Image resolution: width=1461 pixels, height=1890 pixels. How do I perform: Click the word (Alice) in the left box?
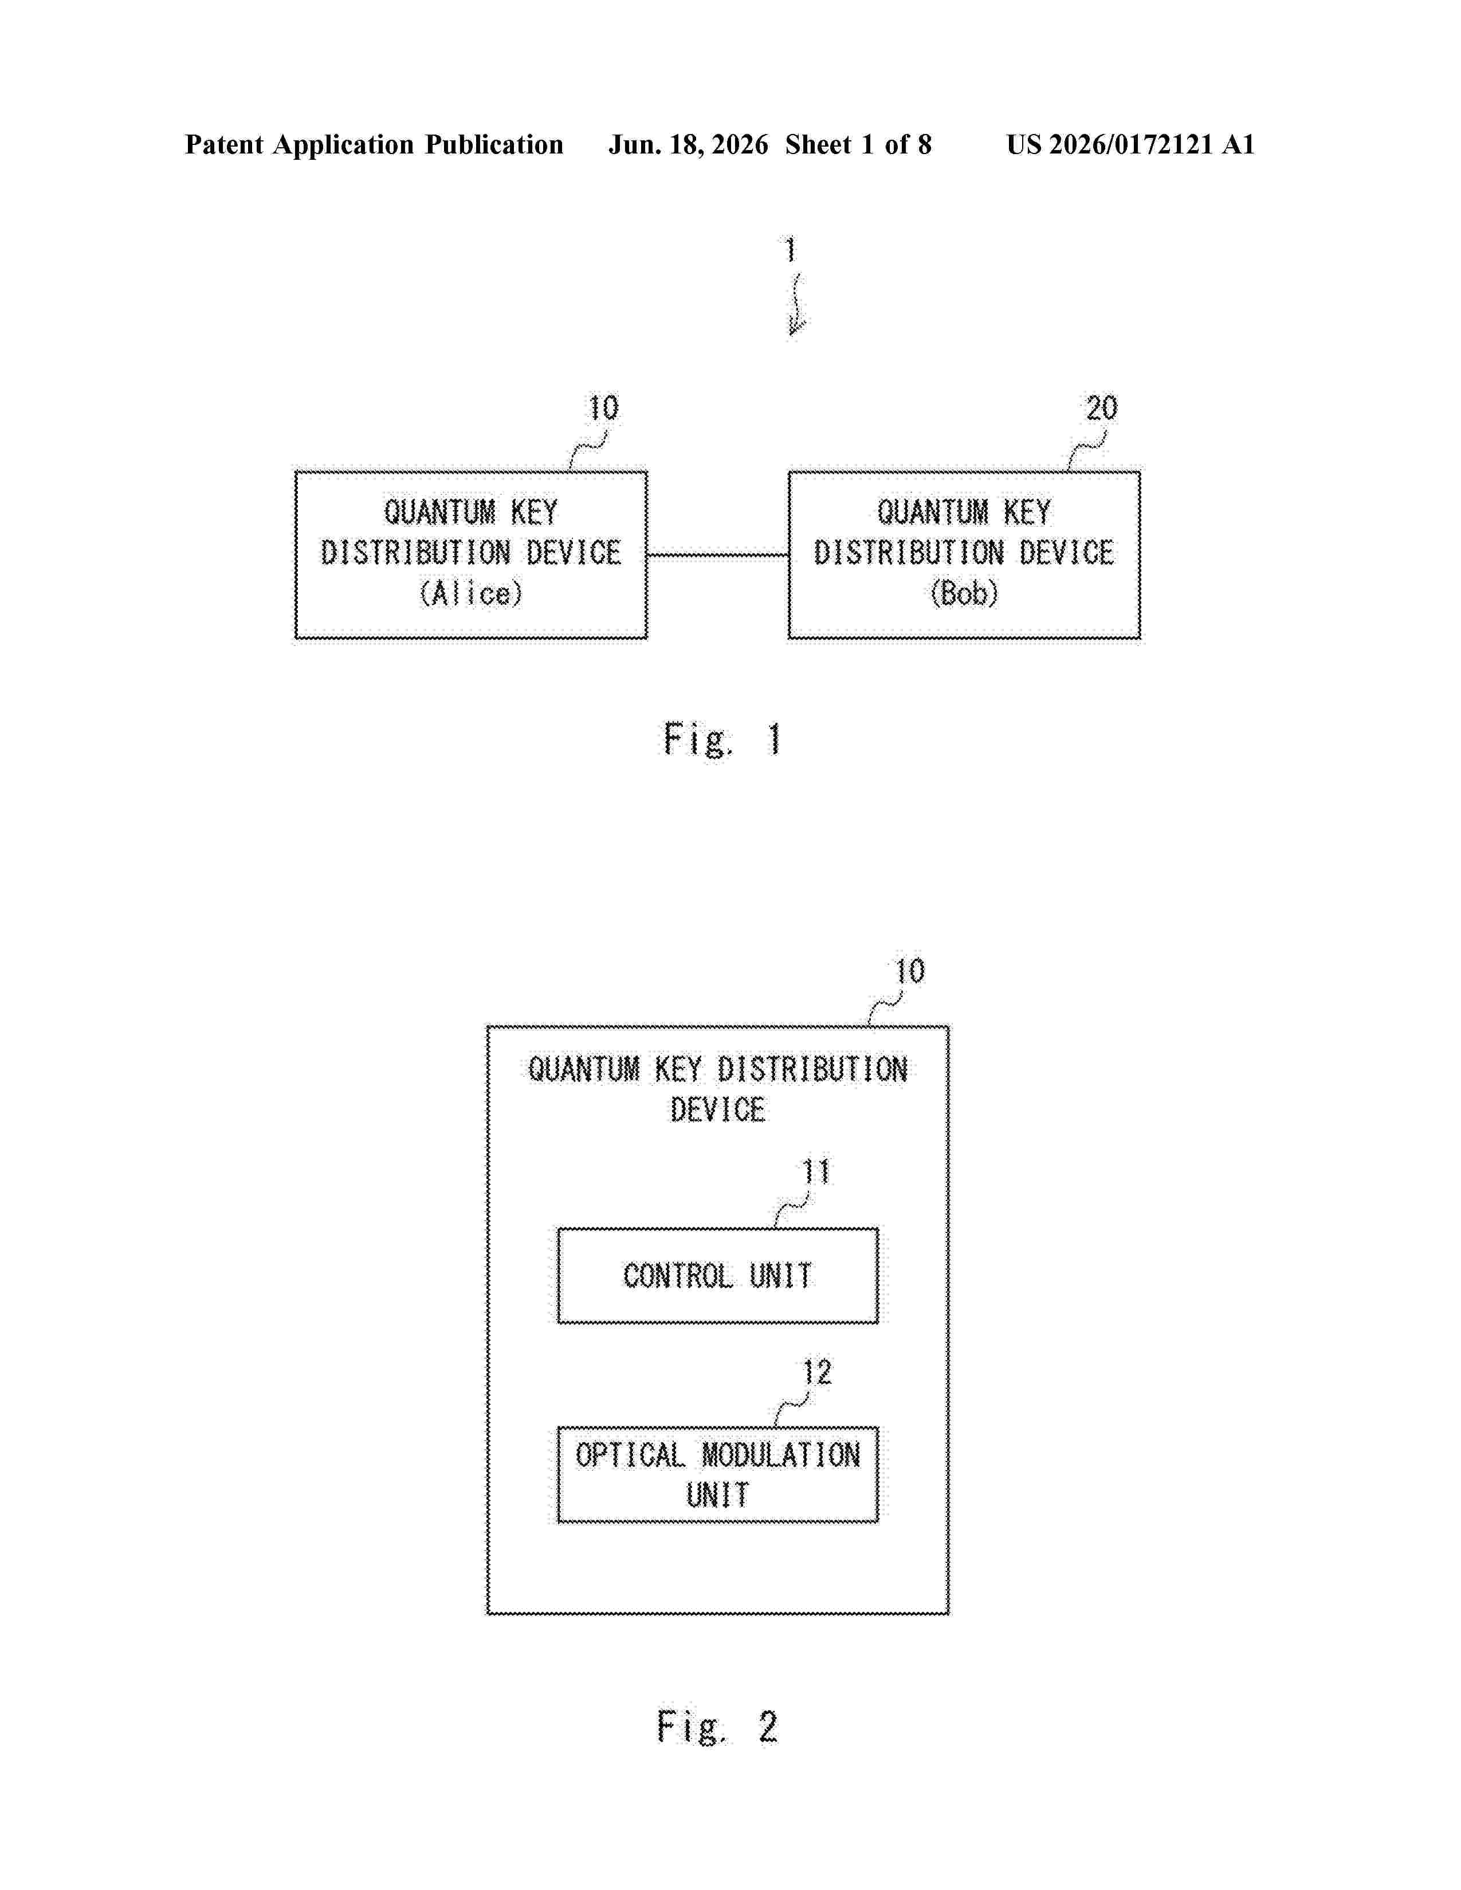(x=471, y=594)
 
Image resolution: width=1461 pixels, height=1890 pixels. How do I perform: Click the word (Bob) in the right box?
(x=964, y=594)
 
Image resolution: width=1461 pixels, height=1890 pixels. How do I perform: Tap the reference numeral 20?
(x=1102, y=408)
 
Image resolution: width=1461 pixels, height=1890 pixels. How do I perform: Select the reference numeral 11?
(x=815, y=1172)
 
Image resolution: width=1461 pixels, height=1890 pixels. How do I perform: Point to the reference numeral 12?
(x=816, y=1372)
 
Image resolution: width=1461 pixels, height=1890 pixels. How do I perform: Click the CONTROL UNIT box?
(x=717, y=1275)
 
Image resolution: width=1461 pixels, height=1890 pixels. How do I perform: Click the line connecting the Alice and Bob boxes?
(x=717, y=556)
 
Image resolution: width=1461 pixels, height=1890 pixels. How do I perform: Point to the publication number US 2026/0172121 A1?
(x=1130, y=144)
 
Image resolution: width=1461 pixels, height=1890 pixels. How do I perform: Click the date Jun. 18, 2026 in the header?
(x=688, y=144)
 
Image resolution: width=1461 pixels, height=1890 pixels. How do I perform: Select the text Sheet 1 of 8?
(x=859, y=144)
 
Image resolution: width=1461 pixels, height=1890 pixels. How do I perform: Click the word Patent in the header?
(x=224, y=144)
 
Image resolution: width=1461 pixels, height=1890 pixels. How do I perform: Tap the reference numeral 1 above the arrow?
(x=790, y=250)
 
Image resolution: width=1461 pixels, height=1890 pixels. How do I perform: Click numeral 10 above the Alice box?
(x=603, y=408)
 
